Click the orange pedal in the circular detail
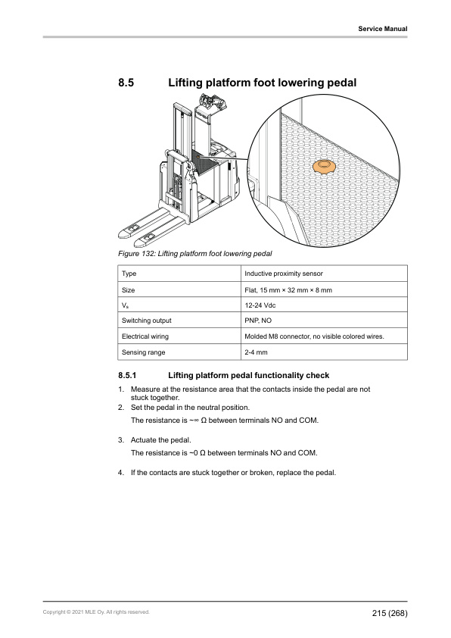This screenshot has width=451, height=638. click(324, 167)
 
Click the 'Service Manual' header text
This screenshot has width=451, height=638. click(383, 29)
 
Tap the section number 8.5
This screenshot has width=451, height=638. click(126, 83)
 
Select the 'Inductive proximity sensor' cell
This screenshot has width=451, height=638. click(284, 274)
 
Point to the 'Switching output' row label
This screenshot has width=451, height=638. click(146, 321)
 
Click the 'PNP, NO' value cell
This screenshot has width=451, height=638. click(258, 321)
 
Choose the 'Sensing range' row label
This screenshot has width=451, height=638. click(144, 352)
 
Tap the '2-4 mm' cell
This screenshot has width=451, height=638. click(256, 352)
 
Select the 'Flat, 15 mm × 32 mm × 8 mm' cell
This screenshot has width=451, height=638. click(288, 290)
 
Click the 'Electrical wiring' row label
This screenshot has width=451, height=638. click(145, 336)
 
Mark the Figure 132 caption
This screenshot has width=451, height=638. click(195, 254)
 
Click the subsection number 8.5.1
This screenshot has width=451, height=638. click(127, 376)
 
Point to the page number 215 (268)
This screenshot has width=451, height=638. click(390, 613)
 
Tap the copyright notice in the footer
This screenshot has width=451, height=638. click(96, 612)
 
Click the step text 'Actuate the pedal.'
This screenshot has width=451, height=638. click(161, 440)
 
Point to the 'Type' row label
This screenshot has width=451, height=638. click(129, 274)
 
